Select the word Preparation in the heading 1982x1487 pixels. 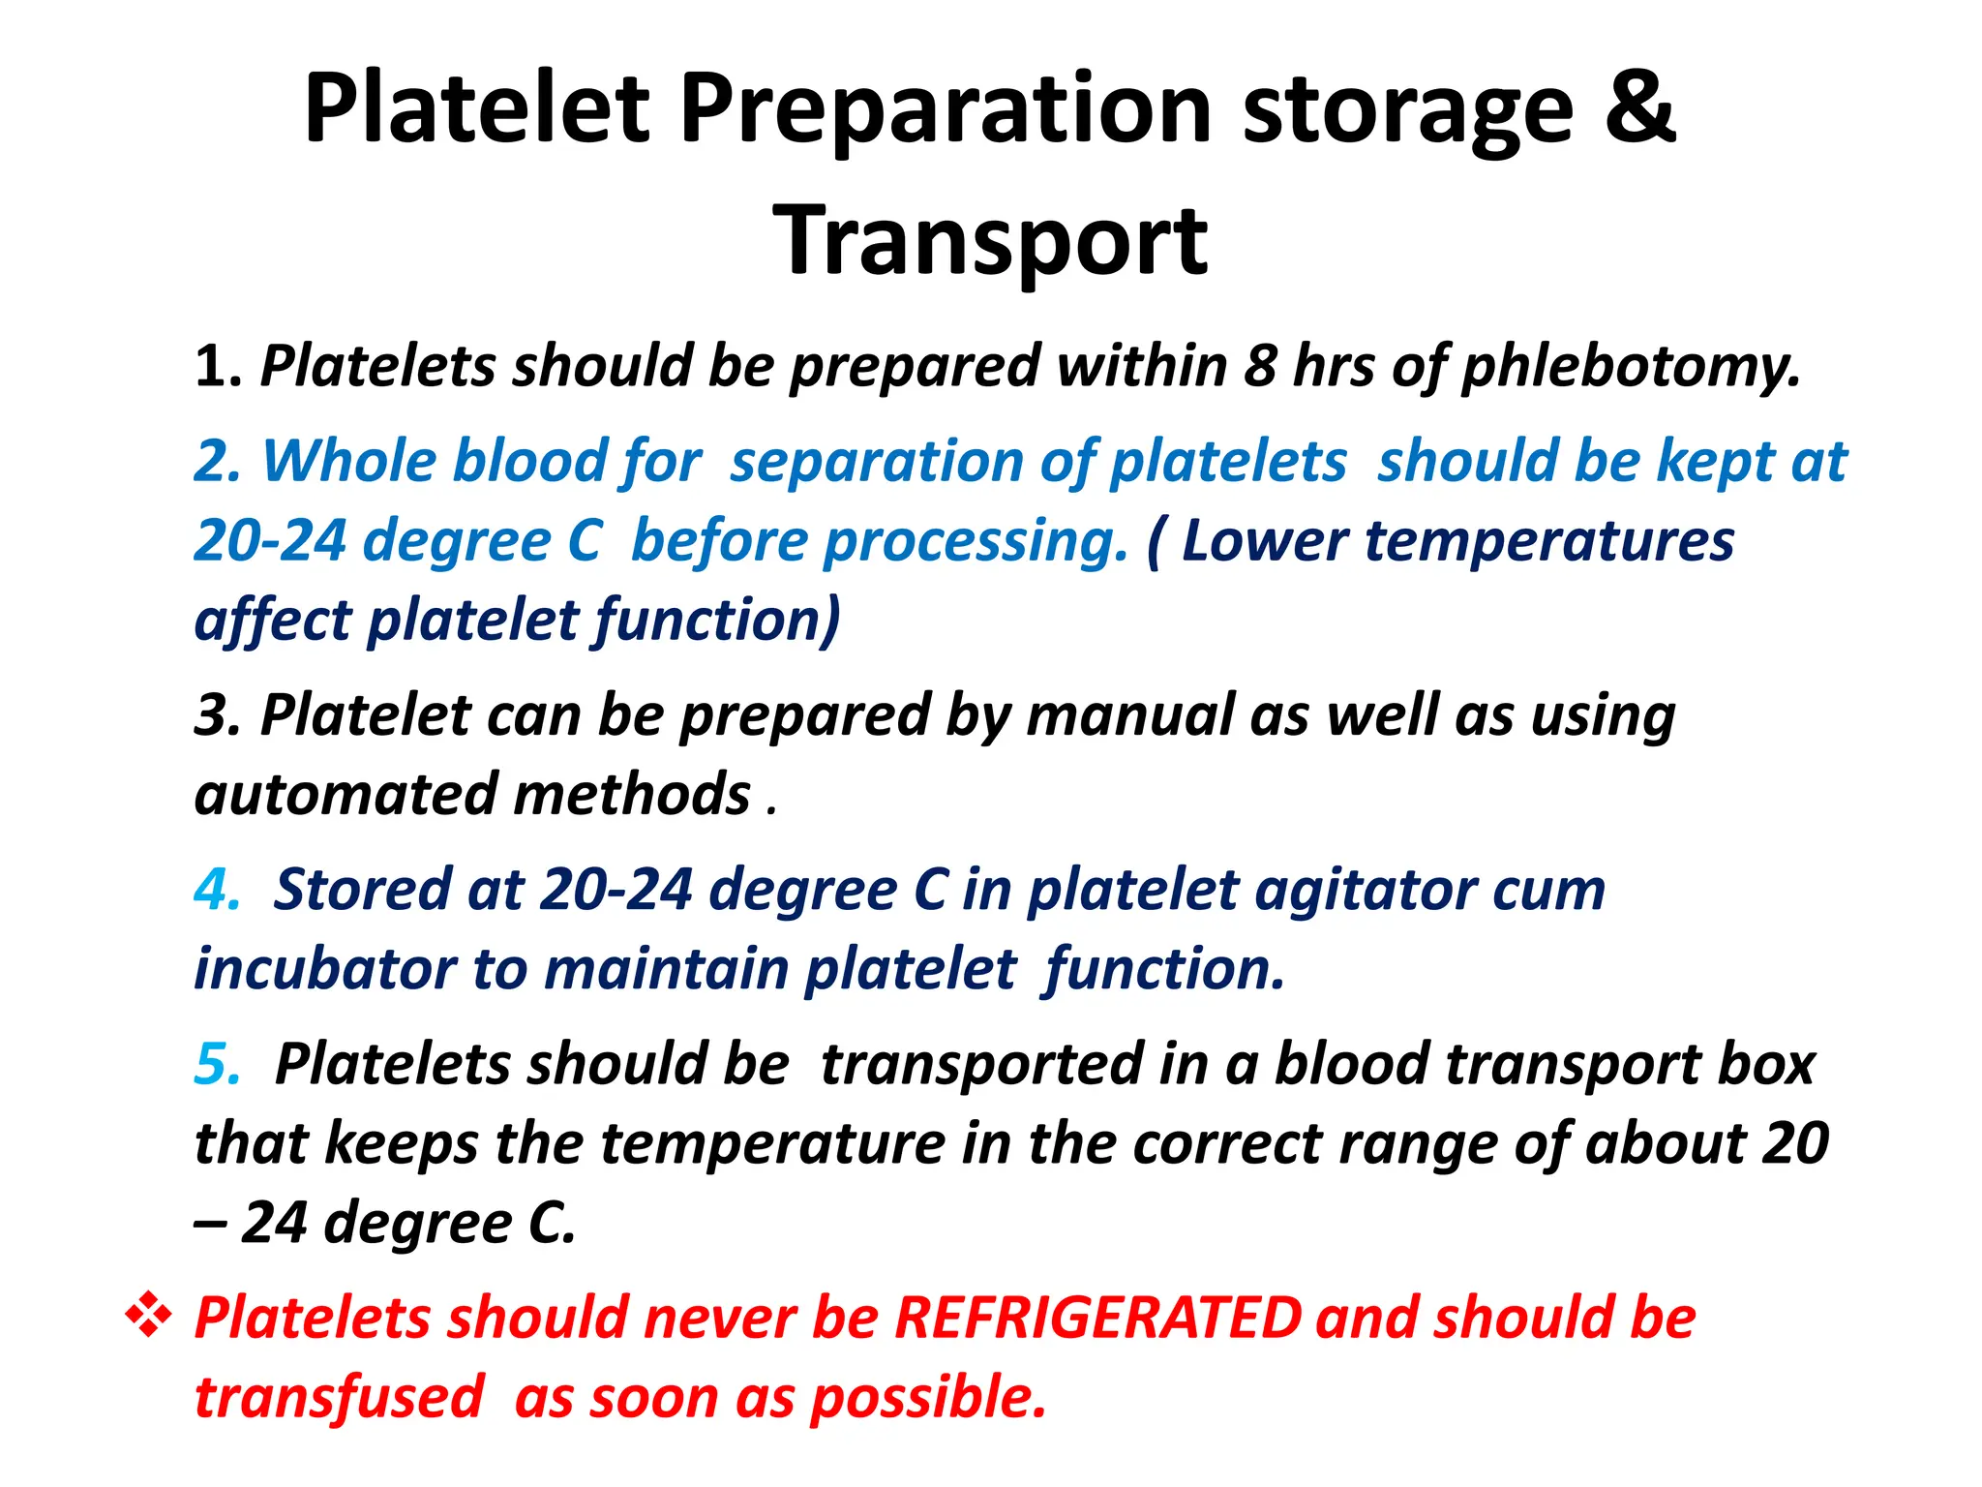945,108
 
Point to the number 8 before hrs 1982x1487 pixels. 1260,366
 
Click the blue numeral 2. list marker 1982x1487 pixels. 218,461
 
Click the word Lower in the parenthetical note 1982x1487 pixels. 1264,540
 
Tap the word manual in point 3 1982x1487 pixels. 1128,716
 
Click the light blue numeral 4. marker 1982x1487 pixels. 217,890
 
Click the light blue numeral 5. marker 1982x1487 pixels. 217,1064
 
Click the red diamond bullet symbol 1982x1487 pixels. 149,1317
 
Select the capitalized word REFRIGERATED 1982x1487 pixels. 1097,1319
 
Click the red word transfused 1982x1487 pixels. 339,1398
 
